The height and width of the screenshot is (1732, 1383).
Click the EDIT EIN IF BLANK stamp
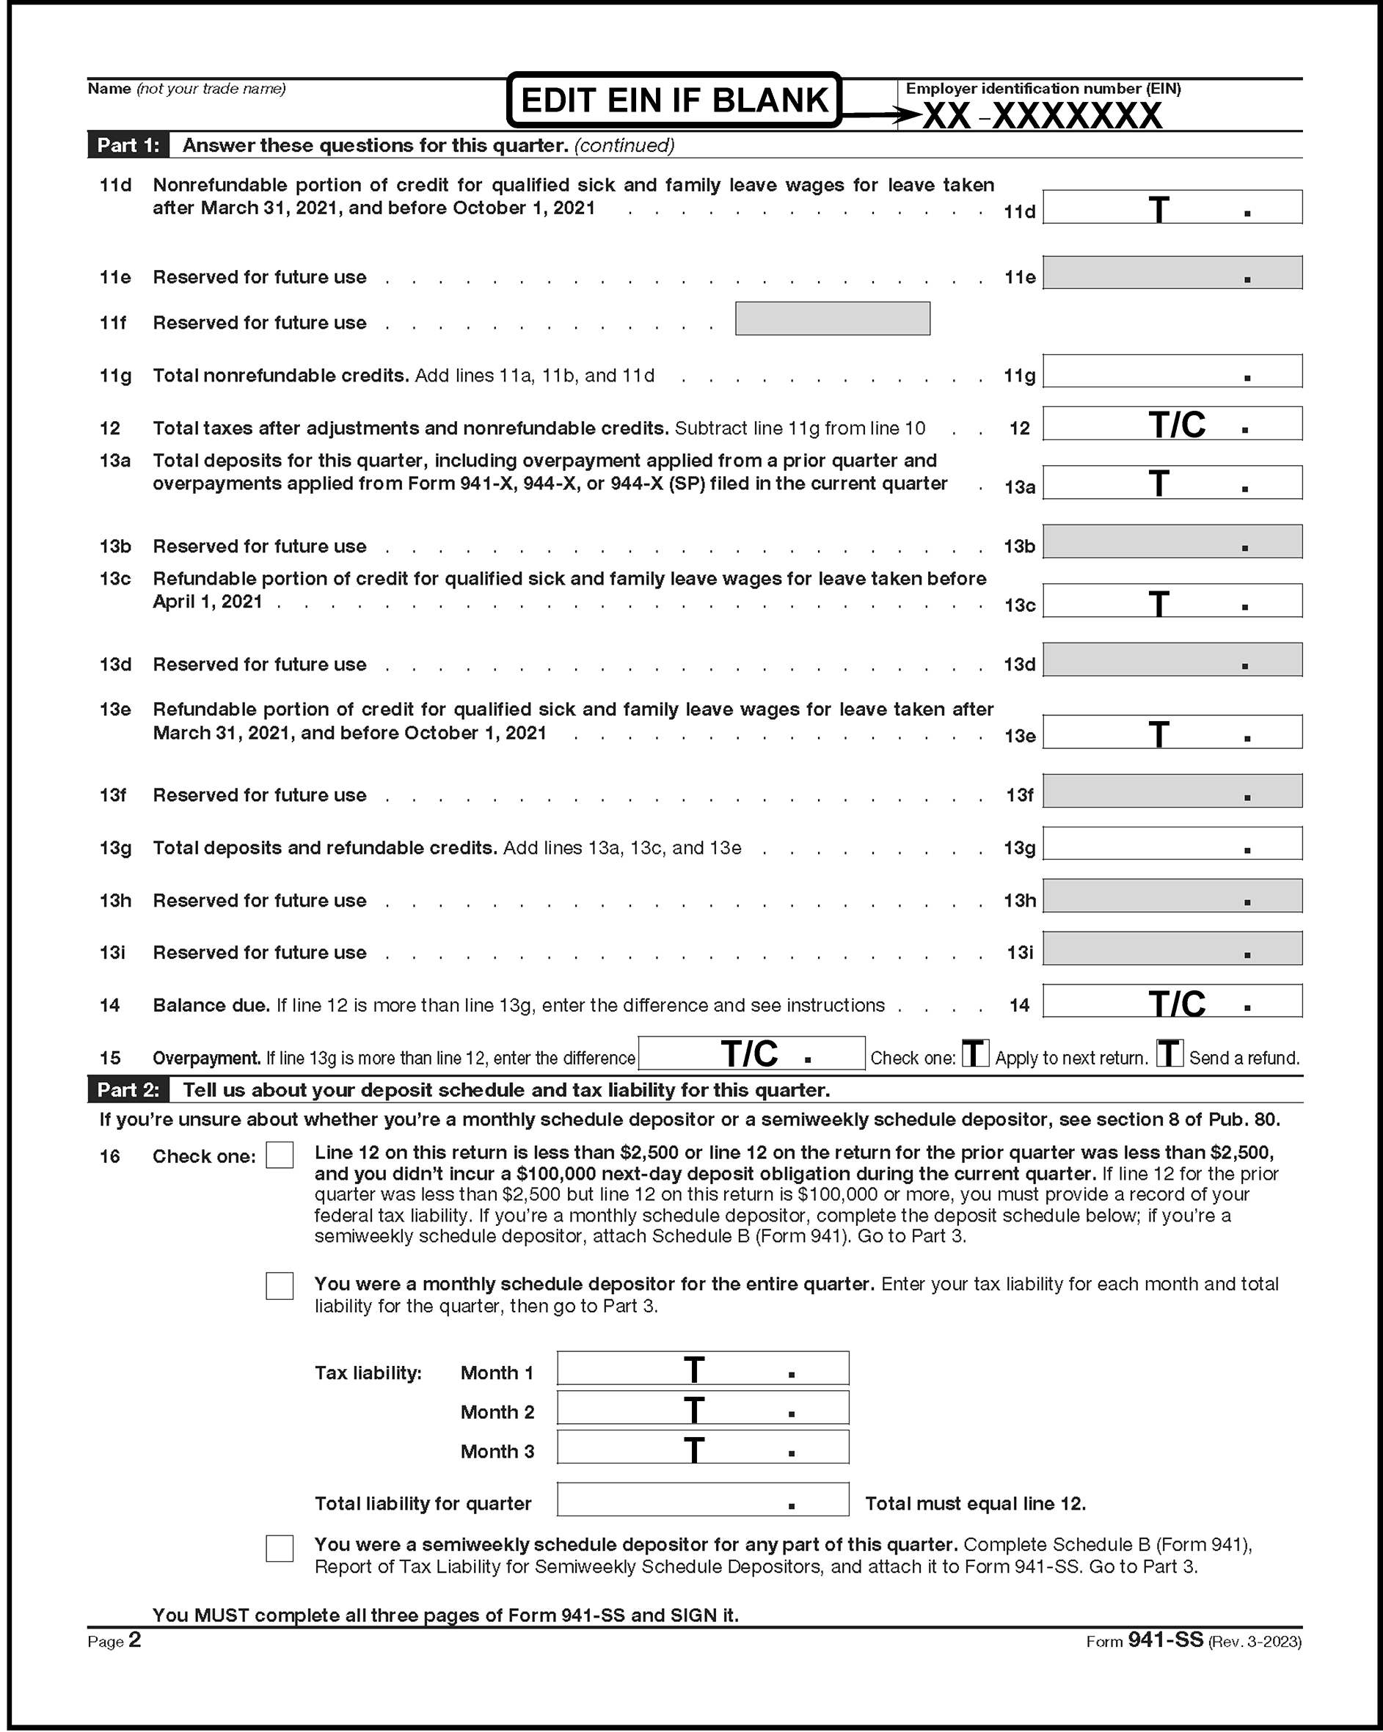[674, 101]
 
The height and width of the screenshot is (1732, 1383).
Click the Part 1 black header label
[128, 145]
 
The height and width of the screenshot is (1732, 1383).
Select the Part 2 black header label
[128, 1090]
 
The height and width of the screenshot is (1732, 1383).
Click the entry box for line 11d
[1172, 208]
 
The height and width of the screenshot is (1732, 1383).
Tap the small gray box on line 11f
[833, 319]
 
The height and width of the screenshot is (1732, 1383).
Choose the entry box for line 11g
[1172, 371]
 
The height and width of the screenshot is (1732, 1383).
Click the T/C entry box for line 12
[1172, 423]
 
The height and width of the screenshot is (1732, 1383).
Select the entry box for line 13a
[1172, 483]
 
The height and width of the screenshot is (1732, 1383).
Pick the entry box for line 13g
[1172, 844]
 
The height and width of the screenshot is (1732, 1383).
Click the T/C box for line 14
[1172, 1001]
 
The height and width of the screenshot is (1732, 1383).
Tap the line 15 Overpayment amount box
[751, 1053]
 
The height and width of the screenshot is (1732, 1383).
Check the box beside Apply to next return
[975, 1053]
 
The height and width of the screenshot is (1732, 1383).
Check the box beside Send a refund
[1169, 1053]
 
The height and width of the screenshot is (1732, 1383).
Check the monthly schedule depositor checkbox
[280, 1285]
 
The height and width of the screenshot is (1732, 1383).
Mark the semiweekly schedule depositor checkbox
[280, 1548]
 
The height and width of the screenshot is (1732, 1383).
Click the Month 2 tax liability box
[702, 1408]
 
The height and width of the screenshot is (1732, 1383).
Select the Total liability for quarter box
[702, 1499]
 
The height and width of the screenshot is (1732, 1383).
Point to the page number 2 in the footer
[134, 1640]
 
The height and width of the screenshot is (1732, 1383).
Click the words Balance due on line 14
[211, 1006]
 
